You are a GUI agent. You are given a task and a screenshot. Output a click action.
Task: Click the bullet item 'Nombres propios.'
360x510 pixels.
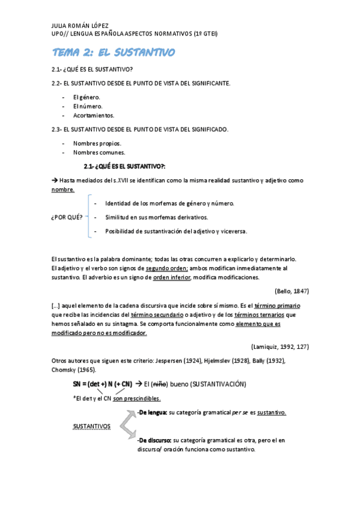tap(97, 143)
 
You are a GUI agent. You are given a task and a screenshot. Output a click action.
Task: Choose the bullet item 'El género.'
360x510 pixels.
tap(87, 97)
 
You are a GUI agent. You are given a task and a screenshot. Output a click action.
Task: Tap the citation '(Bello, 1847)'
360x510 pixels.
tap(291, 290)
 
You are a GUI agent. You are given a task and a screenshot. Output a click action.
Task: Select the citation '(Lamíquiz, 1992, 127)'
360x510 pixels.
tap(279, 346)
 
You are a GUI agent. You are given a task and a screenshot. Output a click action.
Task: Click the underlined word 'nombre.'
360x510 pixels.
tap(63, 189)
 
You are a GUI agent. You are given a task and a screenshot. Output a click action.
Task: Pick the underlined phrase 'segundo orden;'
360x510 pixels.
tap(166, 268)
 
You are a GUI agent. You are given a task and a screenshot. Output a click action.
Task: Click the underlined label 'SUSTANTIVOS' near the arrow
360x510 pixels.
tap(91, 426)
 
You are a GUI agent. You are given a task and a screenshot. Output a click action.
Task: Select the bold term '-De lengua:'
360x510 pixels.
tap(152, 413)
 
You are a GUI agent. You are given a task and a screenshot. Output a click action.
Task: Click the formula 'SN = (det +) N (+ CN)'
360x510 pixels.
tap(103, 384)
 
